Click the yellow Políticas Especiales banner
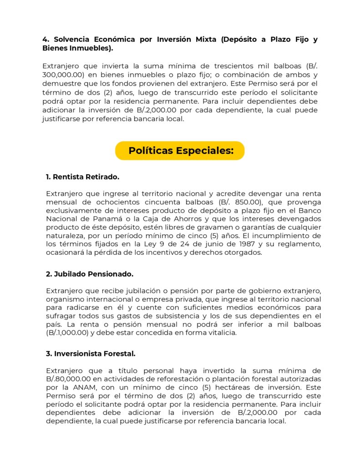180,151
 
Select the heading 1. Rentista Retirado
82,177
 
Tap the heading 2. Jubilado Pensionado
89,274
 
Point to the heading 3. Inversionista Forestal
91,353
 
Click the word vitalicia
223,333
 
